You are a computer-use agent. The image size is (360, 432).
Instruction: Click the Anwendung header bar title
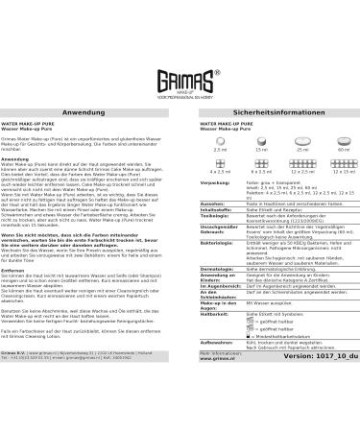[89, 85]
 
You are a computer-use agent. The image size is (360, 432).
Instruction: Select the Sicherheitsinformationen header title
[271, 85]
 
